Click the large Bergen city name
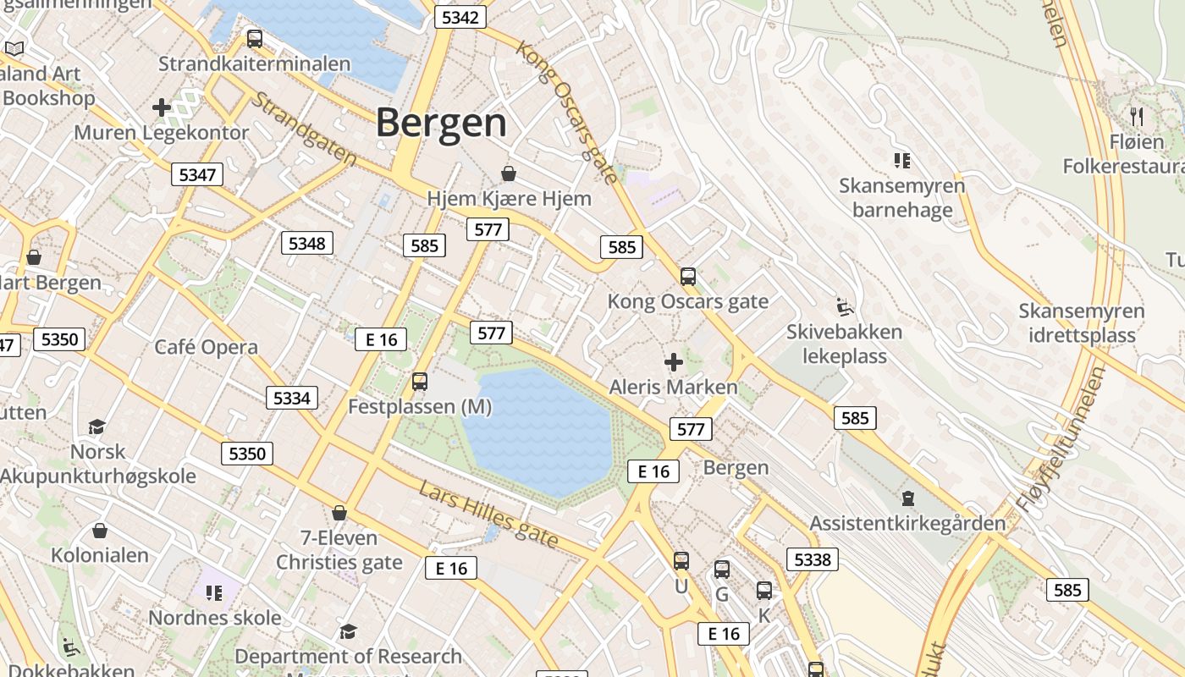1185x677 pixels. coord(441,123)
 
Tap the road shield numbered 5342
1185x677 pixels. coord(460,17)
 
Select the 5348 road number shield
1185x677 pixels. coord(306,244)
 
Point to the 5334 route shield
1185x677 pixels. coord(292,398)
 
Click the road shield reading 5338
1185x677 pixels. coord(813,559)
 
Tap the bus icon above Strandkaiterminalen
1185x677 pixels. coord(254,38)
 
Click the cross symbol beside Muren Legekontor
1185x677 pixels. coord(162,107)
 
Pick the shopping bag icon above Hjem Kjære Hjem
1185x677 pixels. coord(509,173)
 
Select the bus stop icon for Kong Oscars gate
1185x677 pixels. coord(688,276)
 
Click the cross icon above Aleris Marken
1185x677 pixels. coord(674,363)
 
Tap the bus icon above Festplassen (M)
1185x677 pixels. coord(420,382)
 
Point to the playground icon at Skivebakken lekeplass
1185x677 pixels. coord(843,306)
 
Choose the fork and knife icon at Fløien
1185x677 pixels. coord(1137,116)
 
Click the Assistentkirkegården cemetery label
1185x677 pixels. coord(907,523)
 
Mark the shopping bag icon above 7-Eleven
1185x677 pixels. coord(339,513)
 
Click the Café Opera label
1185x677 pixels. coord(206,347)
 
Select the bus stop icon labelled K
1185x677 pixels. coord(764,591)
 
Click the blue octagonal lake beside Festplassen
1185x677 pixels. coord(537,432)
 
